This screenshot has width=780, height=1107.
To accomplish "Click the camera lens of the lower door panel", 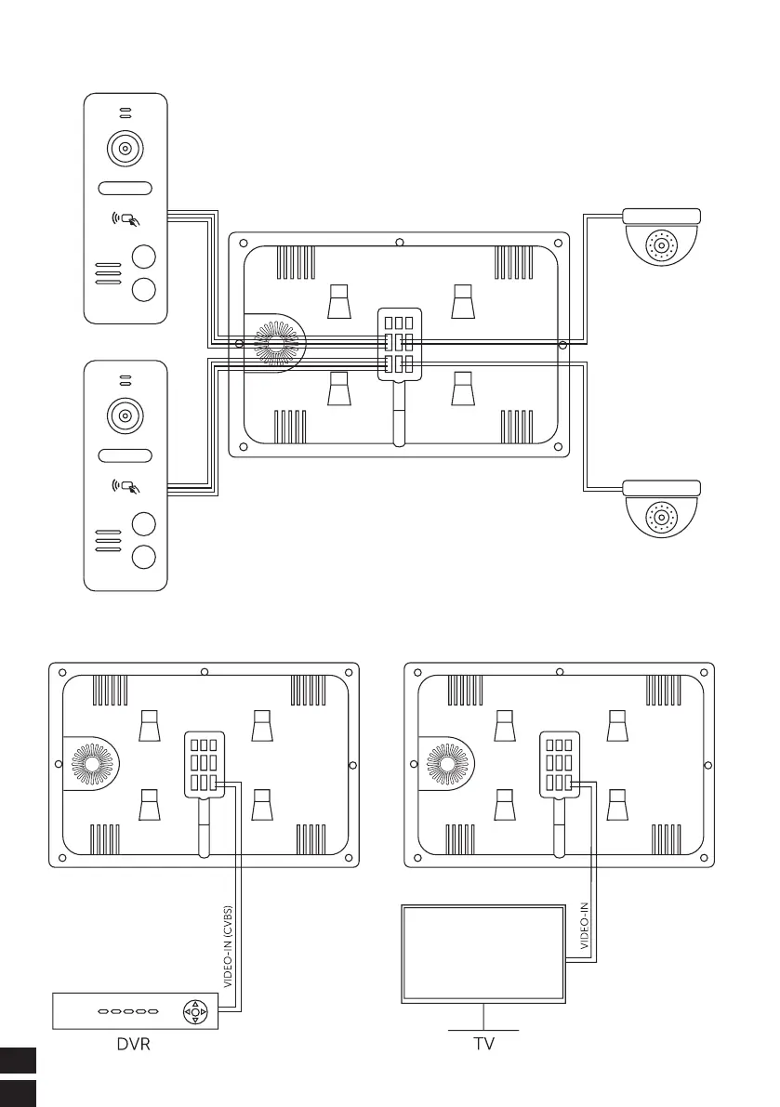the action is click(126, 415).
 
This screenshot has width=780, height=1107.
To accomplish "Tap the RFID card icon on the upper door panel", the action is click(126, 221).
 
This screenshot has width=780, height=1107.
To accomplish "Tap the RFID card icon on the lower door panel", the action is click(126, 485).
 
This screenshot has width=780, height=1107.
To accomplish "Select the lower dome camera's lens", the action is click(661, 517).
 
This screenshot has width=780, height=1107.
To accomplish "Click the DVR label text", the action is click(133, 1044).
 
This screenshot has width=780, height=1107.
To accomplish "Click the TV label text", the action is click(483, 1044).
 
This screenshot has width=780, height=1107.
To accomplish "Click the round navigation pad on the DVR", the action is click(194, 1011).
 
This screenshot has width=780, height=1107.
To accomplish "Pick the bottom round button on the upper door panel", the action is click(143, 289).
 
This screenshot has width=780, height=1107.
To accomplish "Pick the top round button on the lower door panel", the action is click(143, 523).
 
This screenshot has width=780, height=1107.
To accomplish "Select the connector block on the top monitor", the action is click(399, 343).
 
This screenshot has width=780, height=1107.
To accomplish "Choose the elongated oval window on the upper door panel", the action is click(126, 188).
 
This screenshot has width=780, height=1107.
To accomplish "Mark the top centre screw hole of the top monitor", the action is click(399, 244).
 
